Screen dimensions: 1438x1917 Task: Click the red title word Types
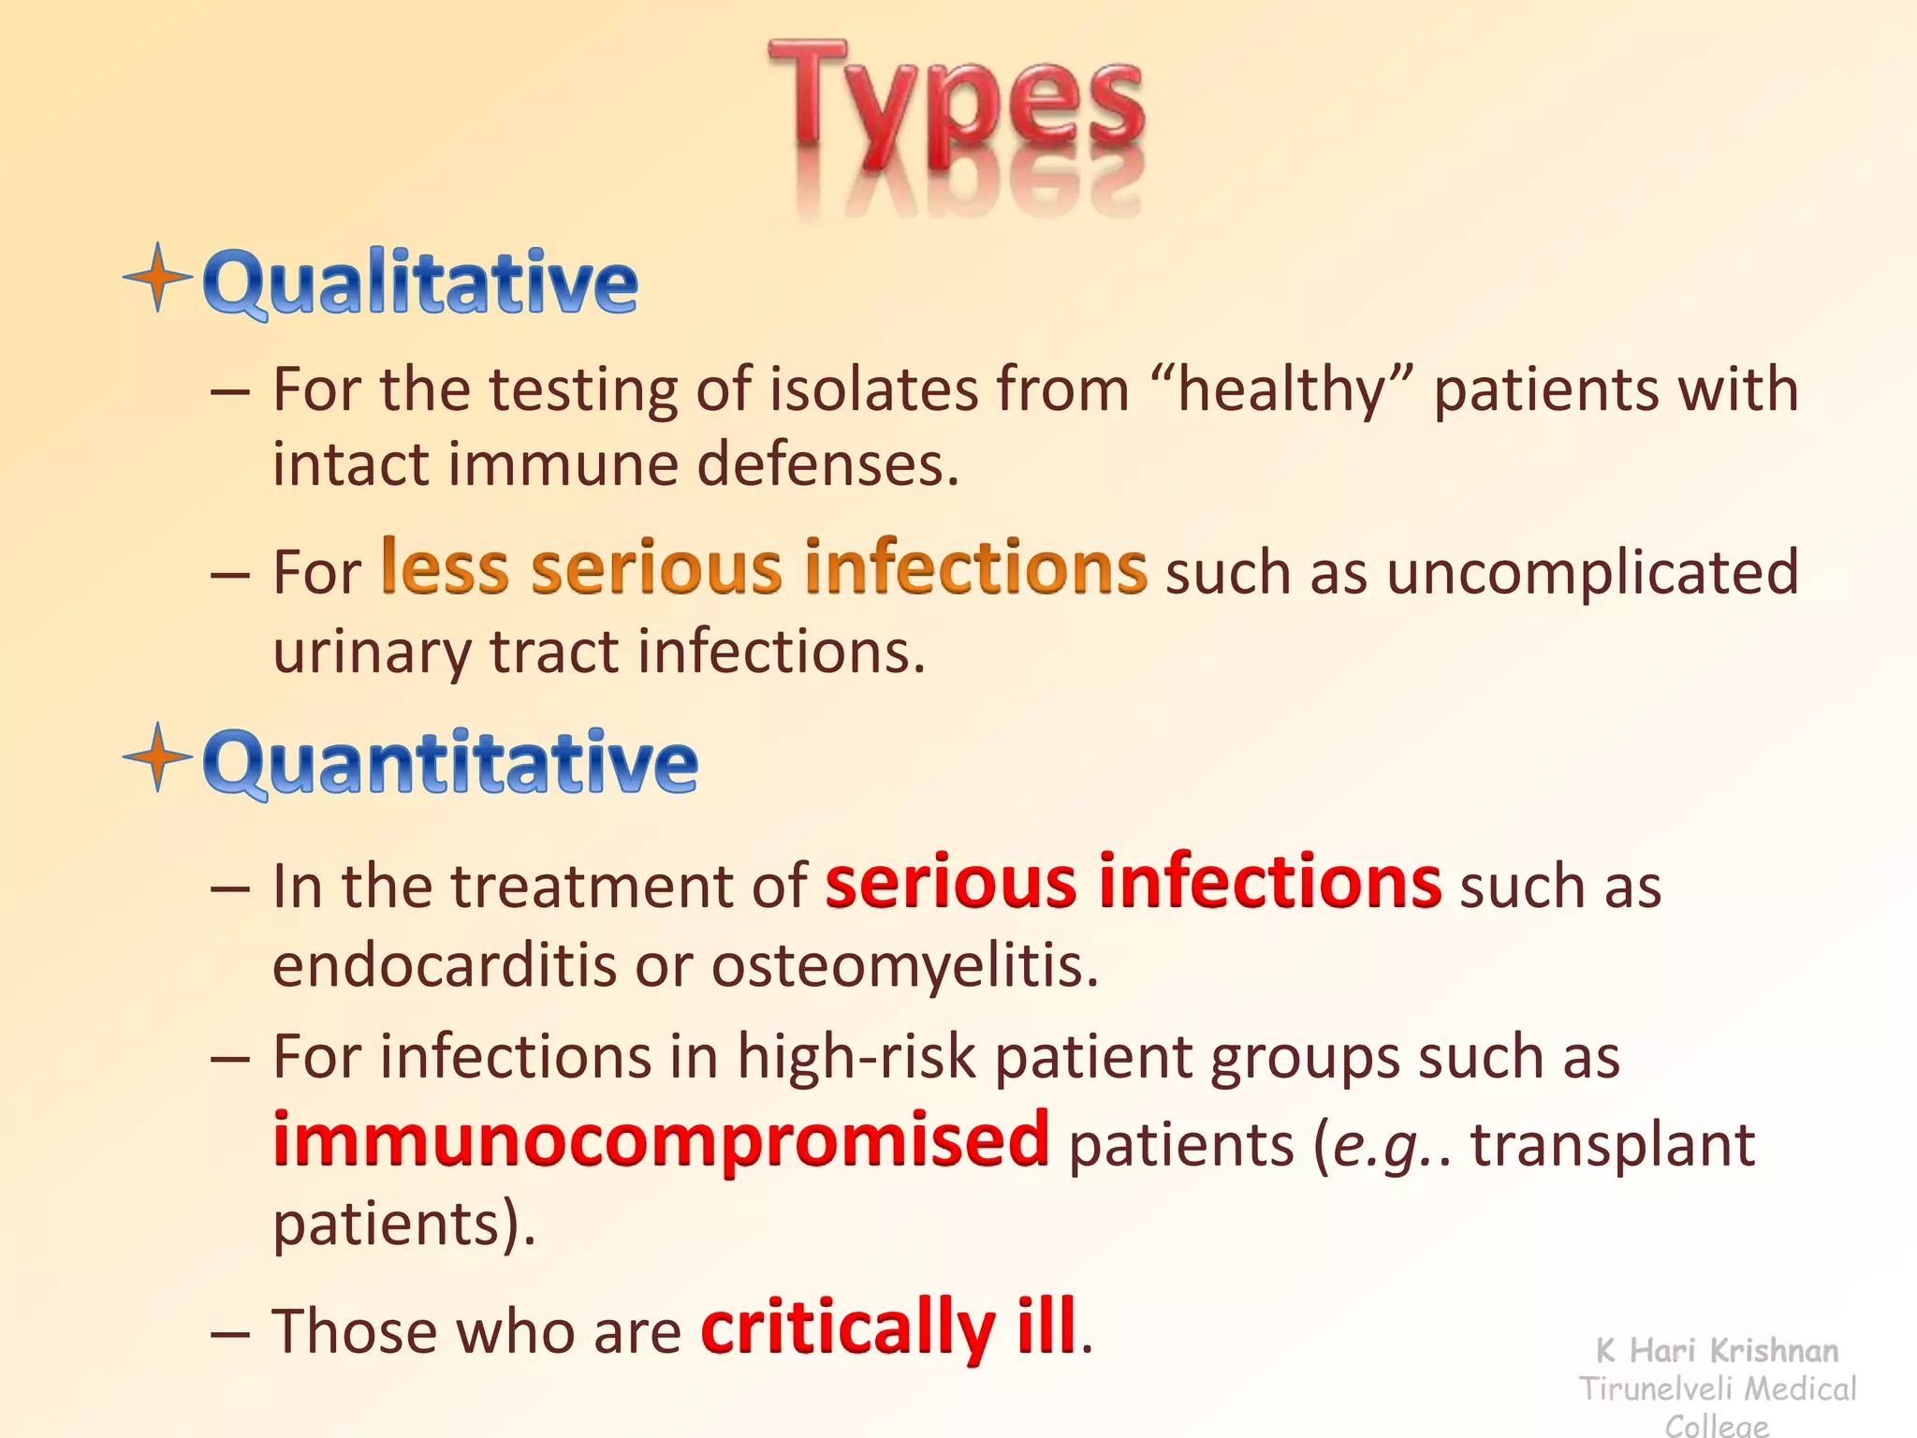[x=955, y=108]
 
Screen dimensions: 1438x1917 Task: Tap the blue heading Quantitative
[x=450, y=762]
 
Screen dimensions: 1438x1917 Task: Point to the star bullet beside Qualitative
[x=158, y=277]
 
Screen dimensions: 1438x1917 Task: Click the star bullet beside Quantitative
[x=158, y=757]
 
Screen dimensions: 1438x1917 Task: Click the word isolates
[x=873, y=389]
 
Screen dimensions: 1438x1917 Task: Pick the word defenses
[x=827, y=465]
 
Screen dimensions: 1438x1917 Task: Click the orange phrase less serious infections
[x=763, y=568]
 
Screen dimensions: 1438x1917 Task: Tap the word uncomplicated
[x=1592, y=573]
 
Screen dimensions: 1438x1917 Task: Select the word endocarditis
[x=444, y=965]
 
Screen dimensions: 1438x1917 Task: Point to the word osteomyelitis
[x=904, y=965]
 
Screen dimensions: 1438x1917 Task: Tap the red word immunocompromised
[x=661, y=1139]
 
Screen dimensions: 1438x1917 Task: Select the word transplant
[x=1613, y=1146]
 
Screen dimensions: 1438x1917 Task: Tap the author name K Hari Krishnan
[x=1718, y=1351]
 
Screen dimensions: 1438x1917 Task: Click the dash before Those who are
[x=230, y=1332]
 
